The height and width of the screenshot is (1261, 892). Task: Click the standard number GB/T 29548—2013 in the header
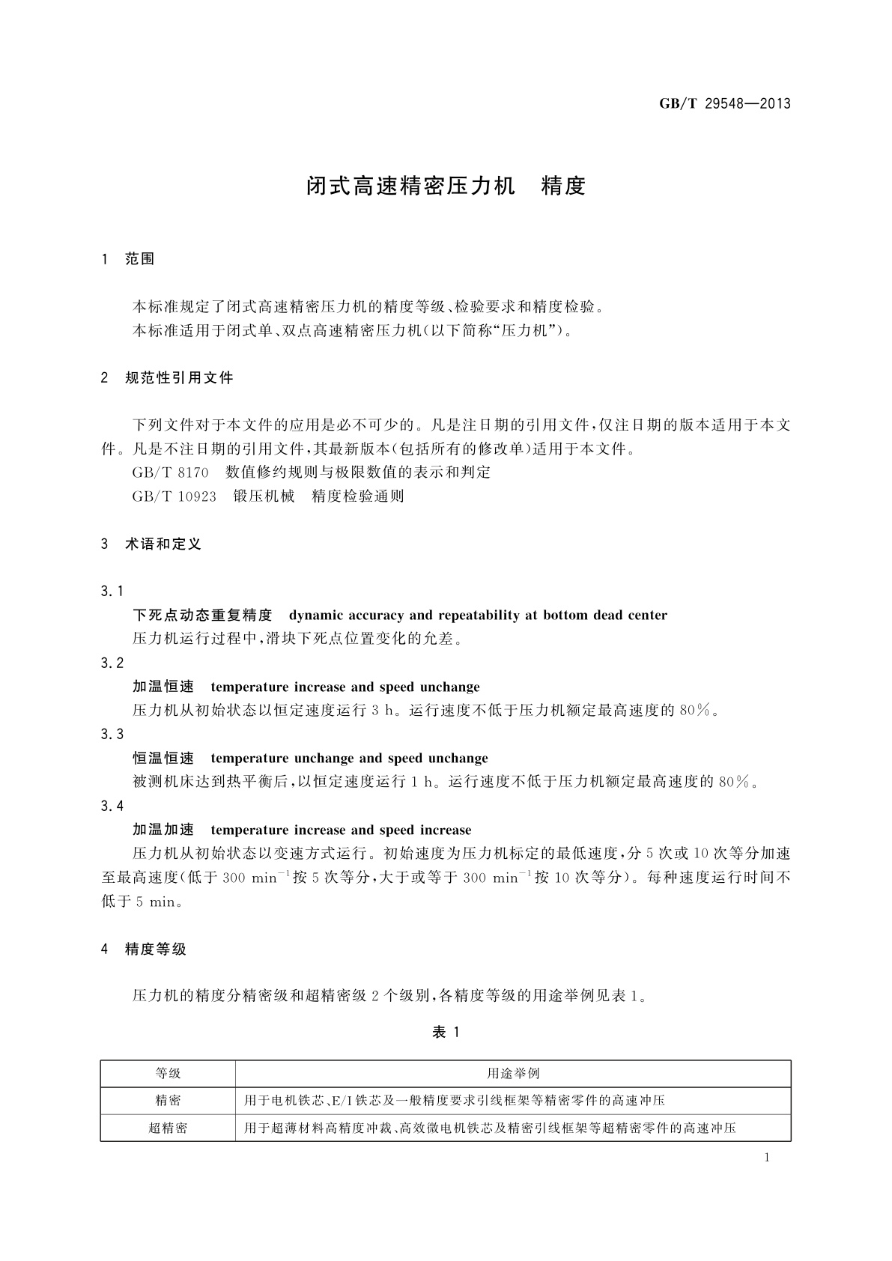click(x=724, y=104)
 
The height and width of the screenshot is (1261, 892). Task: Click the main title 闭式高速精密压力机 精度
click(x=446, y=186)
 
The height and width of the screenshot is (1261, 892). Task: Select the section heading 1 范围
click(x=128, y=259)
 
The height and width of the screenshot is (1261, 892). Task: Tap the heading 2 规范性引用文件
click(x=167, y=378)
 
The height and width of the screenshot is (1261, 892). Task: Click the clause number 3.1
click(x=112, y=592)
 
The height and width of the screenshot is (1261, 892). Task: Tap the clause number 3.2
click(x=112, y=663)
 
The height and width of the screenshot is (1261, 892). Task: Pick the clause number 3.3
click(x=112, y=735)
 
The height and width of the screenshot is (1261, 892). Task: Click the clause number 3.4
click(x=112, y=806)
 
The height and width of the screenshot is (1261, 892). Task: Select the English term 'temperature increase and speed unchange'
click(x=345, y=687)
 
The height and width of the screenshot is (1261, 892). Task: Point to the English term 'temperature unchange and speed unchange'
click(x=349, y=759)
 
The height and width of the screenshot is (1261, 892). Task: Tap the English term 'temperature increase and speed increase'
click(x=341, y=830)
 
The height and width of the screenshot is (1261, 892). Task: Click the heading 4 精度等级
click(x=144, y=949)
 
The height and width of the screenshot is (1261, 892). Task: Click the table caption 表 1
click(x=446, y=1033)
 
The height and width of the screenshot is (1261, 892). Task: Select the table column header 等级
click(x=168, y=1074)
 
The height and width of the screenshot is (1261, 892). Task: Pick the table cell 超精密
click(x=168, y=1128)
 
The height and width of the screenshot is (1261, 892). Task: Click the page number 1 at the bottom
click(x=767, y=1158)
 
